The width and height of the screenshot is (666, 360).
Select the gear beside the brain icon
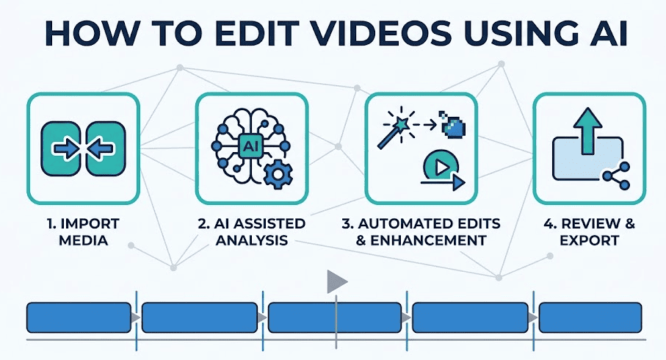click(x=278, y=174)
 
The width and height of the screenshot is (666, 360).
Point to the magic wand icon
click(x=396, y=129)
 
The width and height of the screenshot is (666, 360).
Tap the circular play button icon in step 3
click(x=441, y=167)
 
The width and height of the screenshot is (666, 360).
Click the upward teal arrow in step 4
click(x=587, y=131)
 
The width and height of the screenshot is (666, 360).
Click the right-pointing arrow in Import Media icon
click(x=65, y=148)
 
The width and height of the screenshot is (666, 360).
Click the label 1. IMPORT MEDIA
click(x=83, y=232)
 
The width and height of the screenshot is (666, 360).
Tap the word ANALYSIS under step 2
click(x=252, y=240)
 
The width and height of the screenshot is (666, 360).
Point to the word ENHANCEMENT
click(x=429, y=240)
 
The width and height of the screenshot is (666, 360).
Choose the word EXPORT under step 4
click(x=589, y=240)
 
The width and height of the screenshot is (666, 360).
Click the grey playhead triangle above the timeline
click(x=336, y=281)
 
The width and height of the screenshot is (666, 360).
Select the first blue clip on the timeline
click(x=79, y=317)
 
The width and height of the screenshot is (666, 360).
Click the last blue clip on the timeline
click(x=590, y=317)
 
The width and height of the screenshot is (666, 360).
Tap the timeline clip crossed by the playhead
click(x=335, y=317)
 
